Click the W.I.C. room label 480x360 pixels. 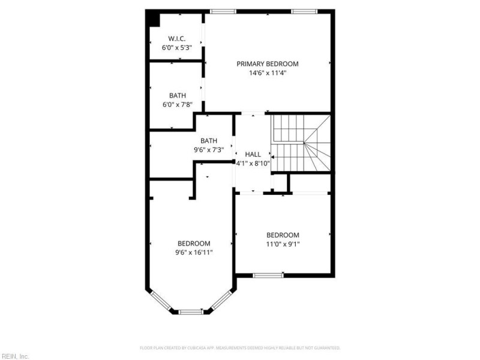[176, 38]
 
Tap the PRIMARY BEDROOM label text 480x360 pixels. [267, 64]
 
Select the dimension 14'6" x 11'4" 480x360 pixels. [267, 73]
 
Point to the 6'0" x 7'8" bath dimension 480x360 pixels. [177, 104]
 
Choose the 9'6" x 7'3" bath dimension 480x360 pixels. [209, 150]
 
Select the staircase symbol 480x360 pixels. [301, 143]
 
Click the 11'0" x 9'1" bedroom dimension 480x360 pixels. [283, 244]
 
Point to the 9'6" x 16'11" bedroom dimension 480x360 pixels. [194, 253]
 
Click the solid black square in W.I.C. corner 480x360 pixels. [154, 19]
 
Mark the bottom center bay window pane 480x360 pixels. [191, 311]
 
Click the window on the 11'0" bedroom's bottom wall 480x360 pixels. [268, 275]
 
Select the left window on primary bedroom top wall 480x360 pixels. [223, 11]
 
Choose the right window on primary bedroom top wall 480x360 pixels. [305, 11]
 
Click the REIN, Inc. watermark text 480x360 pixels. [14, 356]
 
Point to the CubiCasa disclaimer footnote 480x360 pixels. [240, 347]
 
